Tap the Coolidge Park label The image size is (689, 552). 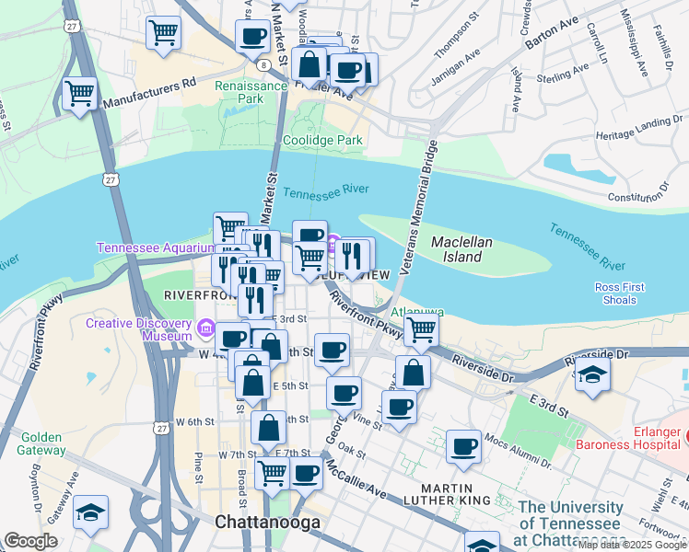click(x=322, y=140)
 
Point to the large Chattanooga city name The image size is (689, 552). click(x=267, y=522)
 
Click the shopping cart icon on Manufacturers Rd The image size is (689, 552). click(x=80, y=94)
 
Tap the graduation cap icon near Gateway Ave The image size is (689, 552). click(x=90, y=512)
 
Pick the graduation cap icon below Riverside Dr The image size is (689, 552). click(x=590, y=375)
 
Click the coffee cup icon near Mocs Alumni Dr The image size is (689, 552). click(x=463, y=447)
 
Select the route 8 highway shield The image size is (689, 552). click(x=264, y=64)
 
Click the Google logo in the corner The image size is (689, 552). click(x=30, y=541)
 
